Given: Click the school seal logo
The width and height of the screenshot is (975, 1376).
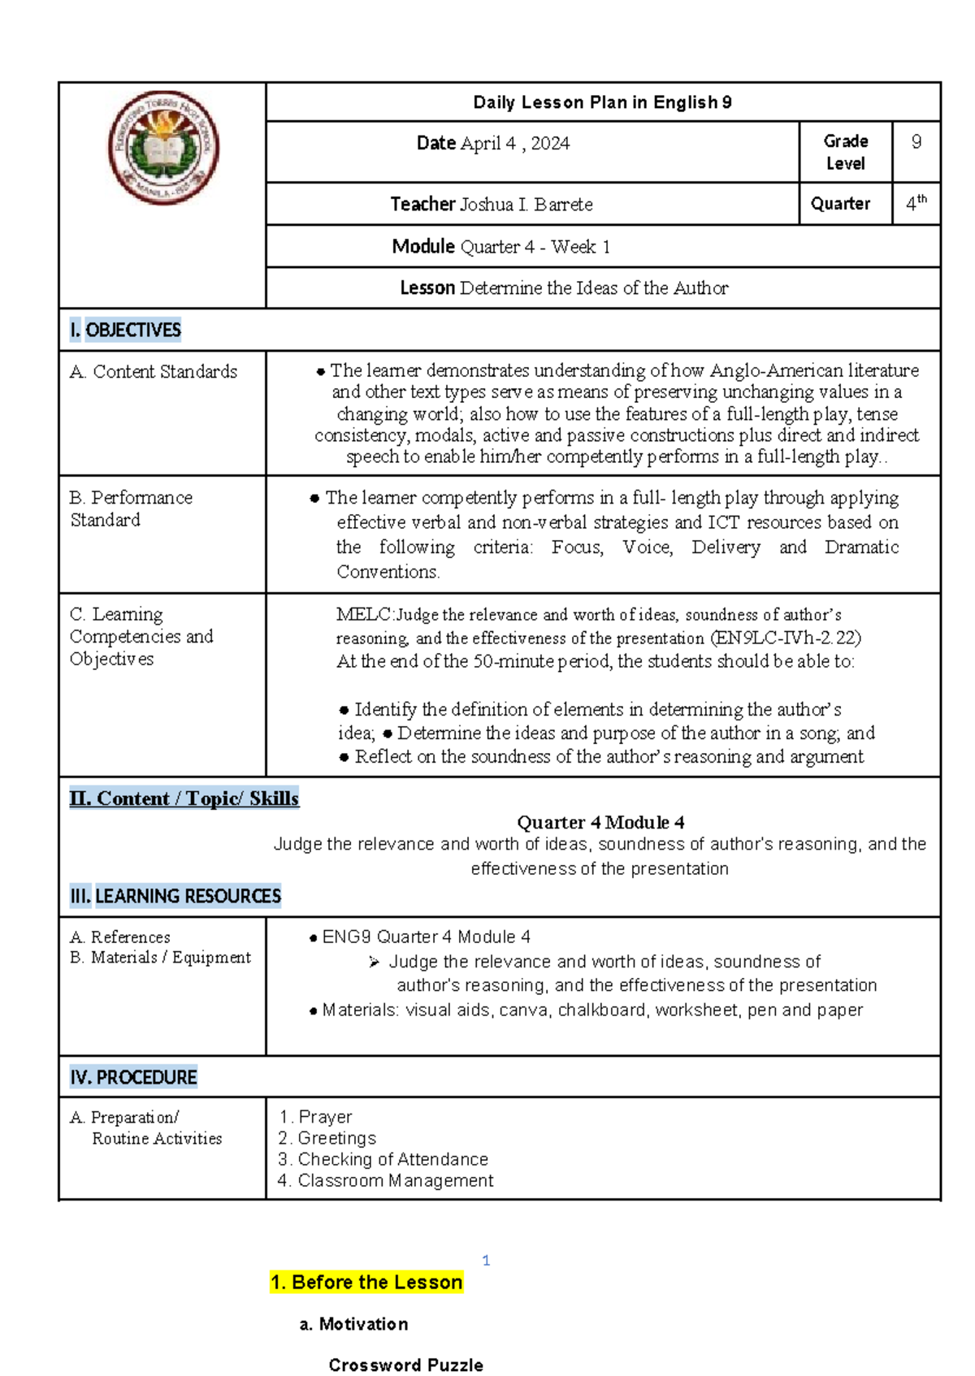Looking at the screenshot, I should pyautogui.click(x=163, y=148).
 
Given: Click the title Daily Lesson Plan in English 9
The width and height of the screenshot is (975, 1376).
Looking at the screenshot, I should pyautogui.click(x=602, y=102).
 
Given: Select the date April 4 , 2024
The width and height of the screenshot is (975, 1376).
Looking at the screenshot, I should pyautogui.click(x=515, y=144).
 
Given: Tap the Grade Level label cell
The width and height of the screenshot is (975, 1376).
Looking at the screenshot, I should pyautogui.click(x=845, y=152).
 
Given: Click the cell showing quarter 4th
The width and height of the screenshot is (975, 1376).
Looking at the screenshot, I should pyautogui.click(x=916, y=203).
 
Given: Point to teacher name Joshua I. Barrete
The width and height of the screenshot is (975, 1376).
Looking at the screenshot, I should pyautogui.click(x=526, y=205).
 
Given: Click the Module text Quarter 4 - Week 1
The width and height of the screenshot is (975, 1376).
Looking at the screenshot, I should pyautogui.click(x=535, y=247).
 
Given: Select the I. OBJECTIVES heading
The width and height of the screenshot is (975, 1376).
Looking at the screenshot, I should pyautogui.click(x=125, y=330).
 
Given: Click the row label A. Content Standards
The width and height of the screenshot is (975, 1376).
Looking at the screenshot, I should pyautogui.click(x=154, y=372).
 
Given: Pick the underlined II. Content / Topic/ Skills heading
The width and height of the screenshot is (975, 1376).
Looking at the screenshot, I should pyautogui.click(x=184, y=798).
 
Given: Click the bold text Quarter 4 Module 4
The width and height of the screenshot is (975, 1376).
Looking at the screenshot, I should pyautogui.click(x=600, y=822).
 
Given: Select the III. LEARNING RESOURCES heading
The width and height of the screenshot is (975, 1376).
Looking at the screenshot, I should pyautogui.click(x=175, y=896).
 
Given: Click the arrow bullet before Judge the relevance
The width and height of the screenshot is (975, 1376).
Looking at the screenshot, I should pyautogui.click(x=374, y=963).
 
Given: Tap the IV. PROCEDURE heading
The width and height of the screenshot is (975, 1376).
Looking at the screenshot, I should pyautogui.click(x=133, y=1077).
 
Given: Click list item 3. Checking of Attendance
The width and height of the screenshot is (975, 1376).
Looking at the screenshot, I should pyautogui.click(x=383, y=1159).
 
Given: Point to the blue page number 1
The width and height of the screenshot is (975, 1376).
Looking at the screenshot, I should pyautogui.click(x=486, y=1261).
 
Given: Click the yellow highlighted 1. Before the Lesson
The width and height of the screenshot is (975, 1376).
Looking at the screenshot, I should pyautogui.click(x=366, y=1283).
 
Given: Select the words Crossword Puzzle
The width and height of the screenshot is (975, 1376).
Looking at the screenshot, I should pyautogui.click(x=405, y=1365).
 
